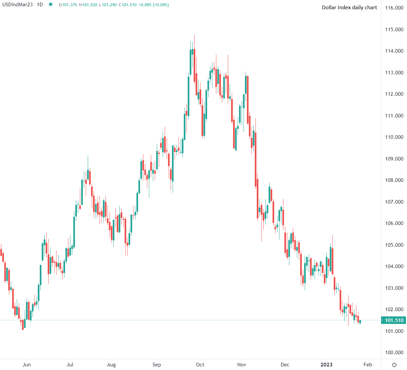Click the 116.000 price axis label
394,8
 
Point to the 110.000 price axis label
394,137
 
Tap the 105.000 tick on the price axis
394,245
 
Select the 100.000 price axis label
394,353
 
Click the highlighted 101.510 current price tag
394,320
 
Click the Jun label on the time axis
27,365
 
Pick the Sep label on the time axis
157,365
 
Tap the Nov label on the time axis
242,365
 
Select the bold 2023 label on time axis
326,365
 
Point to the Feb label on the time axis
368,365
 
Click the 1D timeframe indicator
40,5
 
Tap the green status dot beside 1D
50,5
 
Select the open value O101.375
68,5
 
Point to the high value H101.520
88,5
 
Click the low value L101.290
108,5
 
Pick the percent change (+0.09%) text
161,5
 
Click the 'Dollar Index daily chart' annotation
349,8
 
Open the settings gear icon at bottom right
395,365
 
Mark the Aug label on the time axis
111,365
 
